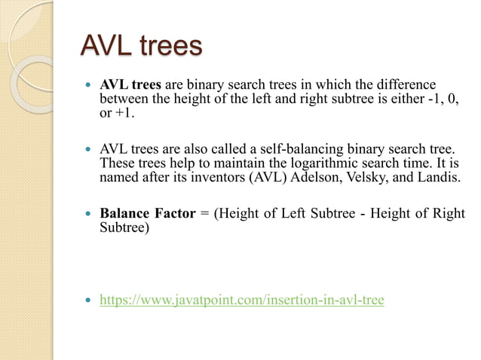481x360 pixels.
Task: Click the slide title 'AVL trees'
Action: (141, 46)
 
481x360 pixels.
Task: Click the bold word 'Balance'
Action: (124, 214)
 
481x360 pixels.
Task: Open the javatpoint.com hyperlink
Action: (242, 301)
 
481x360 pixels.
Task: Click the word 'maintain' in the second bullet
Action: (213, 163)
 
